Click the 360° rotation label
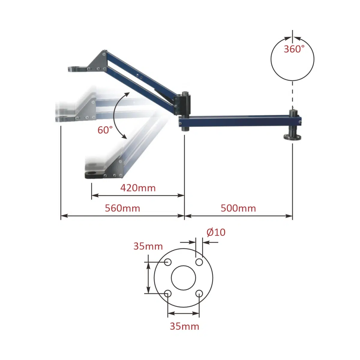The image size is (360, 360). point(294,49)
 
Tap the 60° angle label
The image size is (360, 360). point(105,130)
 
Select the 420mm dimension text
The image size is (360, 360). point(138,188)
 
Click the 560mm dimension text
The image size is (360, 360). point(122,208)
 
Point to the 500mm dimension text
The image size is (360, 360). point(238,208)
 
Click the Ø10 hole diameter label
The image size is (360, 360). point(216,232)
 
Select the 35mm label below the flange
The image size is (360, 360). point(184,326)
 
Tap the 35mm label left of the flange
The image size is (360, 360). point(148,246)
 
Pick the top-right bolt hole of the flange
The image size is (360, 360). point(199,262)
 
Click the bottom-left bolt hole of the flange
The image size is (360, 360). point(168,293)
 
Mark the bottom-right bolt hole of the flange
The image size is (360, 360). point(199,293)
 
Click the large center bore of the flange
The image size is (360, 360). point(183,278)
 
